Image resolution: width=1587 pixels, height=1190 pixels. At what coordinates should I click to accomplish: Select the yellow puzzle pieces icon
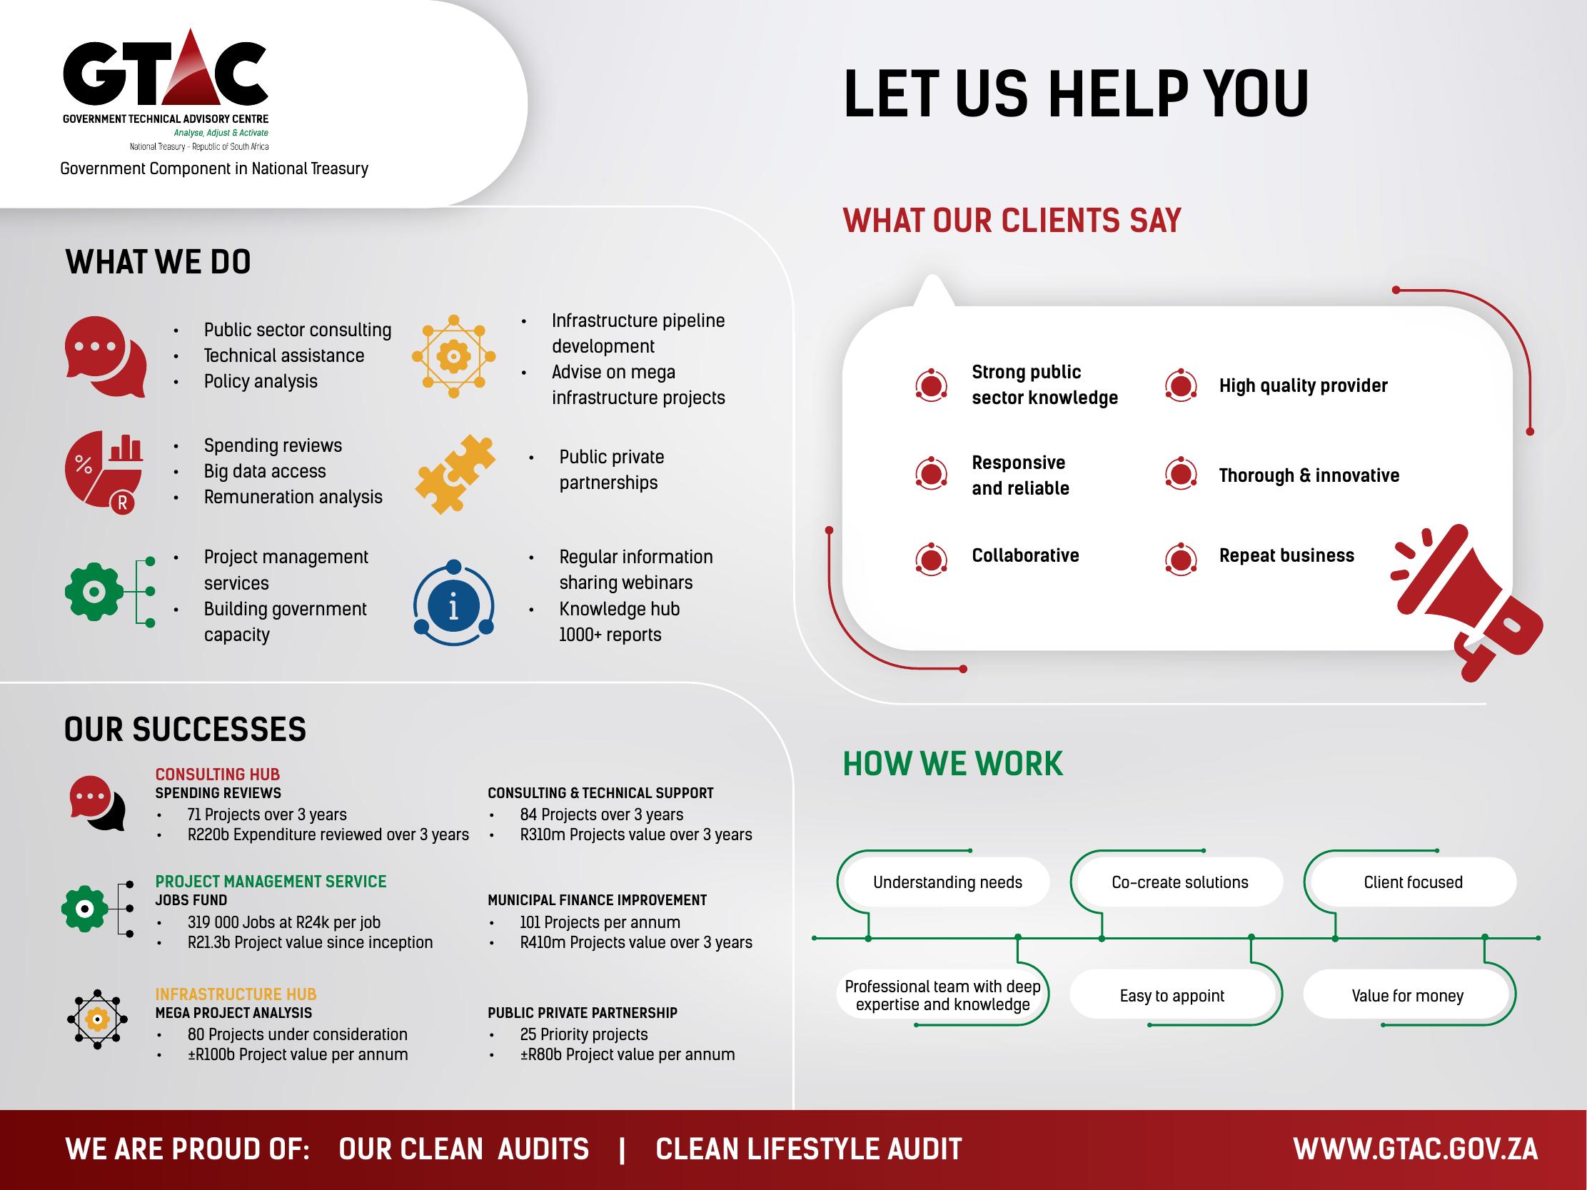point(455,473)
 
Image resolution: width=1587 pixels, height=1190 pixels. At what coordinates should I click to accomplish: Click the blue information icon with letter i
point(453,602)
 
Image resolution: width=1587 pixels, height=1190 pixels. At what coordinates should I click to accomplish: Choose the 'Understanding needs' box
point(947,882)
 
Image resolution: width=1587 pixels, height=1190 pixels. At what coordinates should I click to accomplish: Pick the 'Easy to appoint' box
point(1172,995)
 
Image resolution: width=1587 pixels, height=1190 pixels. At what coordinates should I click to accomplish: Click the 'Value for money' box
point(1408,995)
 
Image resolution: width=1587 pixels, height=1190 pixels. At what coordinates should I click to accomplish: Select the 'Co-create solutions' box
point(1179,882)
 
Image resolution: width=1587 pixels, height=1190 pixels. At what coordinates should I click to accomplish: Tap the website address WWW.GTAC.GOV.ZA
point(1416,1149)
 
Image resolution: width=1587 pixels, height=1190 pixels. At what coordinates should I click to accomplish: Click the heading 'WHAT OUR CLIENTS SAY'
point(1012,220)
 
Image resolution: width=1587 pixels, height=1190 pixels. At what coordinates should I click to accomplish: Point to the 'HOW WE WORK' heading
point(953,763)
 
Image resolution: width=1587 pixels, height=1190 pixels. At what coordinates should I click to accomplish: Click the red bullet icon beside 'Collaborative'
point(931,559)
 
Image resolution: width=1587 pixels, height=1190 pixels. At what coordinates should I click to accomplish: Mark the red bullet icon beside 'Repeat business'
point(1180,559)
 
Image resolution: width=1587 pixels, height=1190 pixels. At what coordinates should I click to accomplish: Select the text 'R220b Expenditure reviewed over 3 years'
point(328,834)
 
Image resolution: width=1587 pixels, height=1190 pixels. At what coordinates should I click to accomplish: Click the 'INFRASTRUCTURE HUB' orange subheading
point(236,994)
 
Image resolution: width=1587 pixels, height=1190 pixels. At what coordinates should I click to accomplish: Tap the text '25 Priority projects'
point(583,1034)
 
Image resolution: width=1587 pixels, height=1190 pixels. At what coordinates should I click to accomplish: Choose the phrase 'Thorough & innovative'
point(1309,475)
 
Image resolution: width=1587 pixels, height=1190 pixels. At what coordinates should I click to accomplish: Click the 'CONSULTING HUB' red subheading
point(218,774)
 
